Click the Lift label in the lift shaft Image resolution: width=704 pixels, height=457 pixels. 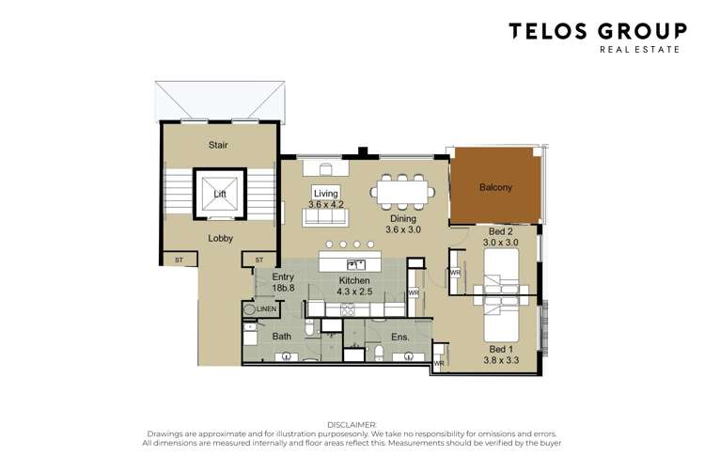pos(219,194)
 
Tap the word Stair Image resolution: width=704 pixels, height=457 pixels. pos(218,145)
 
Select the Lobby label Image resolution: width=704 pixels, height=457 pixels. pos(220,238)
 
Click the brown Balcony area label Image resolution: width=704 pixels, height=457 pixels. pos(495,187)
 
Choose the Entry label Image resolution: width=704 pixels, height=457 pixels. pos(284,277)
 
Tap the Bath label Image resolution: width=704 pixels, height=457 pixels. pos(282,336)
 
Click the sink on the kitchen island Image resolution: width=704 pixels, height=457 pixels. pos(356,264)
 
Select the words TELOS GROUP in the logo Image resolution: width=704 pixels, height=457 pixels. pos(598,31)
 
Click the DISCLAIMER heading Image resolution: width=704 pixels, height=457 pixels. pos(351,424)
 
